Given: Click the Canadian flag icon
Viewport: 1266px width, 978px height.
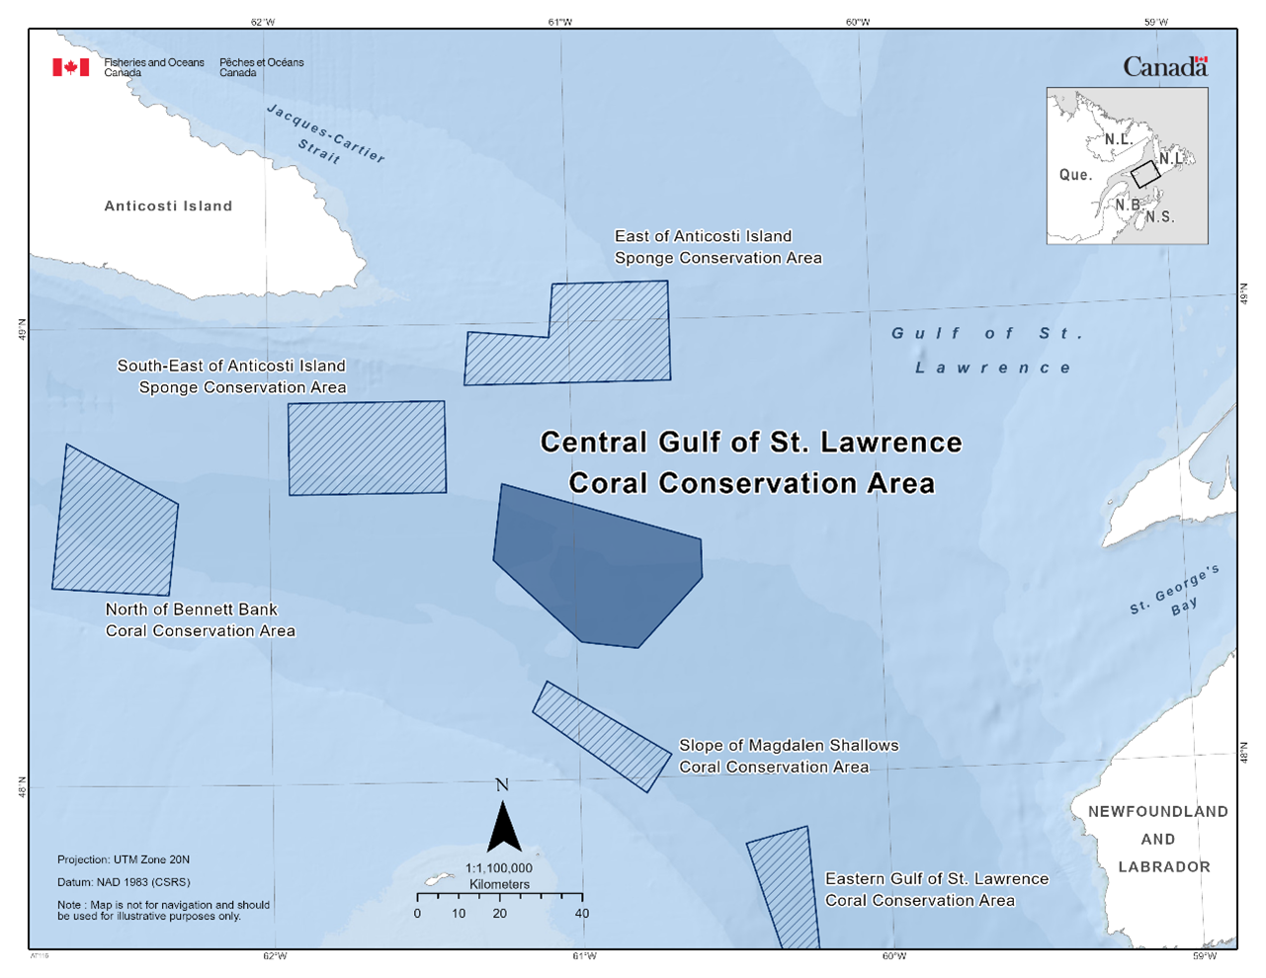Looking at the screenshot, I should pyautogui.click(x=70, y=67).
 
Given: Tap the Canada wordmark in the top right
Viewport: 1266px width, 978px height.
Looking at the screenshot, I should pyautogui.click(x=1165, y=67).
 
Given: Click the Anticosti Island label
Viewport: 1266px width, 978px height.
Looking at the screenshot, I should pyautogui.click(x=168, y=206).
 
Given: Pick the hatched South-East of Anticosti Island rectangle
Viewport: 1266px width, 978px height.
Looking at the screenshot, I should pyautogui.click(x=367, y=448).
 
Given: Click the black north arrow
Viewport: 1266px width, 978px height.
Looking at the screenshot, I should pyautogui.click(x=504, y=828).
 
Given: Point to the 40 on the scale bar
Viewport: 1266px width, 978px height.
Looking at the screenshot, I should pyautogui.click(x=582, y=914).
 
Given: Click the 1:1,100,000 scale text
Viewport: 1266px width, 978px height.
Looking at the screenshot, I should pyautogui.click(x=499, y=868).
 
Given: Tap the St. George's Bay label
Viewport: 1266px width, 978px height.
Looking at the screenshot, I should pyautogui.click(x=1176, y=593).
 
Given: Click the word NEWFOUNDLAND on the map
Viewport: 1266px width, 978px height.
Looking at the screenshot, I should pyautogui.click(x=1157, y=812).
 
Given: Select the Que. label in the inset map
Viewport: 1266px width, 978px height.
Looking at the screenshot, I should pyautogui.click(x=1075, y=175).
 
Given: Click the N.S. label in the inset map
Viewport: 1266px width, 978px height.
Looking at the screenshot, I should pyautogui.click(x=1160, y=217).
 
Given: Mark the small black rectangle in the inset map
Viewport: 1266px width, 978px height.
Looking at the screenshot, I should pyautogui.click(x=1145, y=174).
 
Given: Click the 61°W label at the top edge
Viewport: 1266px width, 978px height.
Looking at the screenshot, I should pyautogui.click(x=559, y=22).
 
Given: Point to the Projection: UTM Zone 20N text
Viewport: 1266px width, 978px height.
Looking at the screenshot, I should pyautogui.click(x=124, y=860).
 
